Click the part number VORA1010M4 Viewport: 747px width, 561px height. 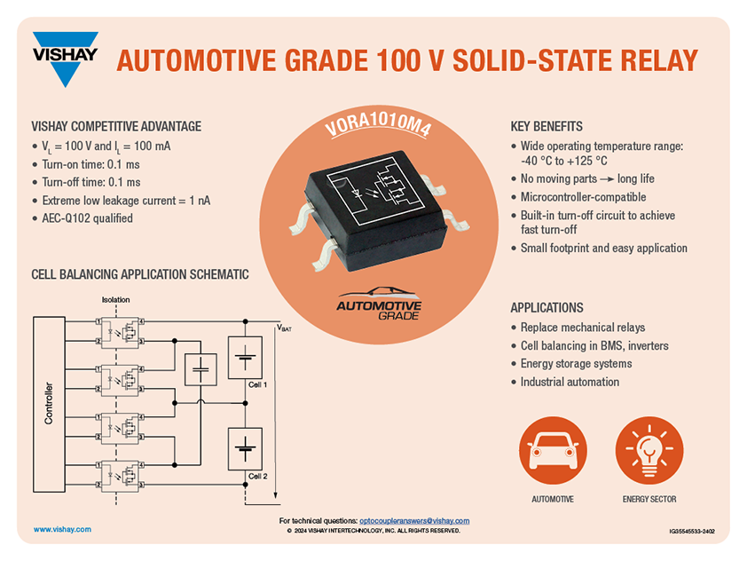(378, 133)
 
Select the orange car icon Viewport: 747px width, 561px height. (552, 448)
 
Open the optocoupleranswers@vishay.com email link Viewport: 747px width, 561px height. (414, 520)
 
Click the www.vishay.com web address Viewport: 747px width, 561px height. (62, 529)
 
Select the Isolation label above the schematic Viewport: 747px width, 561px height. (115, 299)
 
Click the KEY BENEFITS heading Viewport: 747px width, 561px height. (546, 126)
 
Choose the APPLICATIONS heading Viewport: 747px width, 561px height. (546, 308)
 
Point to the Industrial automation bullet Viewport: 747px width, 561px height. (570, 382)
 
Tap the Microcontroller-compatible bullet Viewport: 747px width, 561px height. (583, 197)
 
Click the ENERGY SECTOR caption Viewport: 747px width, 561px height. (649, 500)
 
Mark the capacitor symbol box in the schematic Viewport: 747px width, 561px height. (200, 366)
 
